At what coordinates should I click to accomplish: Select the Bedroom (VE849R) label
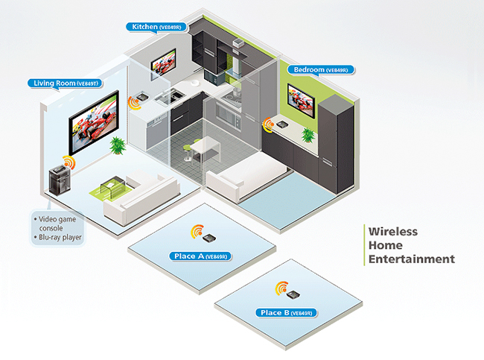click(x=321, y=70)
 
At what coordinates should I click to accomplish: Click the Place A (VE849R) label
click(x=199, y=256)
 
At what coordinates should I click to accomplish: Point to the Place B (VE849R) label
click(x=286, y=312)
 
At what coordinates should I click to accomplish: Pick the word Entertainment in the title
click(x=412, y=259)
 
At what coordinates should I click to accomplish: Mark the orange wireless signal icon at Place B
click(x=281, y=287)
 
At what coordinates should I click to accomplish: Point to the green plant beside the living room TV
click(x=117, y=143)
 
